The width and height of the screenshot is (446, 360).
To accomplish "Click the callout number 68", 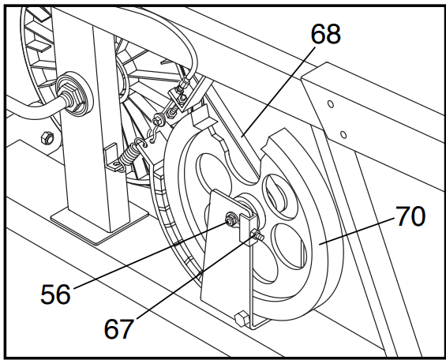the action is click(x=326, y=34).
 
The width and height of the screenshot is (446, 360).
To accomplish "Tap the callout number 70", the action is click(x=410, y=216).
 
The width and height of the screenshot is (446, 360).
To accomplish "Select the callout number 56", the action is click(x=55, y=294).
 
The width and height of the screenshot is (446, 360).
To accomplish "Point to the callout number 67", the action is click(x=119, y=329).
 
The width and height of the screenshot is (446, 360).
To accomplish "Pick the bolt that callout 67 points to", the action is click(x=257, y=235).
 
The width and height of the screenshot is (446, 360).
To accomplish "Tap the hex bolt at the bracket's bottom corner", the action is click(x=242, y=318).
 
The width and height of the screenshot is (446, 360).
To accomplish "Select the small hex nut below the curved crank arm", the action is click(x=47, y=138).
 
